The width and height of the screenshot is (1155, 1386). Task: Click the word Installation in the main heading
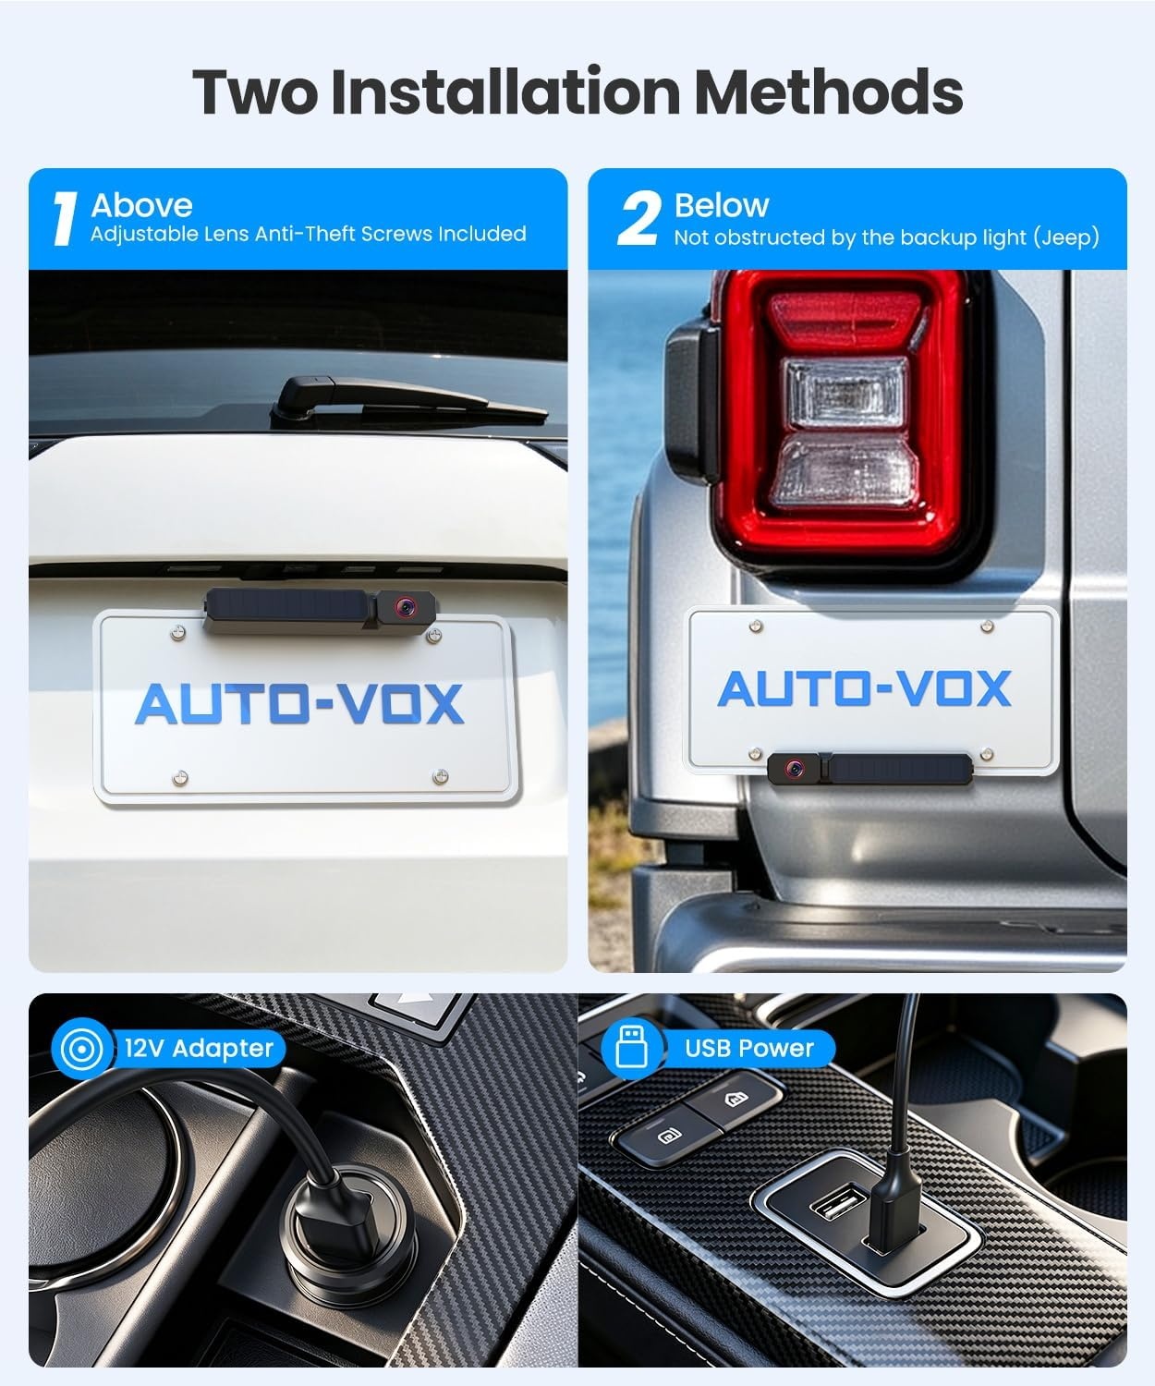(x=505, y=91)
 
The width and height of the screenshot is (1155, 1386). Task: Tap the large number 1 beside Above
(x=65, y=219)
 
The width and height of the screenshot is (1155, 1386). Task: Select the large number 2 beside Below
(x=638, y=218)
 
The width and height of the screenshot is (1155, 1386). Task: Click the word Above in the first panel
(x=142, y=205)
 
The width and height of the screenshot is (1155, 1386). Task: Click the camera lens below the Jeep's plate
(x=794, y=769)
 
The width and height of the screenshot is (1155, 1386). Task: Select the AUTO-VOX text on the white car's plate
(x=299, y=703)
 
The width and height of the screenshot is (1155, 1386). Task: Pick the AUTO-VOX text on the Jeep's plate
(x=864, y=688)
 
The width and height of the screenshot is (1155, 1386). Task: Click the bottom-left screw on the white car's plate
(x=179, y=777)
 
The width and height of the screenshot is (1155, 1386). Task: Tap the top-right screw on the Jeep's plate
(x=987, y=626)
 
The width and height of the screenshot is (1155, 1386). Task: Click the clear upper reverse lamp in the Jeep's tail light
(x=845, y=393)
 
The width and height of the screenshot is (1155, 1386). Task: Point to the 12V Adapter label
(x=199, y=1048)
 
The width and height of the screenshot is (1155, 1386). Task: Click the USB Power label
(x=748, y=1048)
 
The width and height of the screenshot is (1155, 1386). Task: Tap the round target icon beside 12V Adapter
(x=81, y=1050)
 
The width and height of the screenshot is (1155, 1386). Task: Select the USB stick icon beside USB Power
(x=631, y=1048)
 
